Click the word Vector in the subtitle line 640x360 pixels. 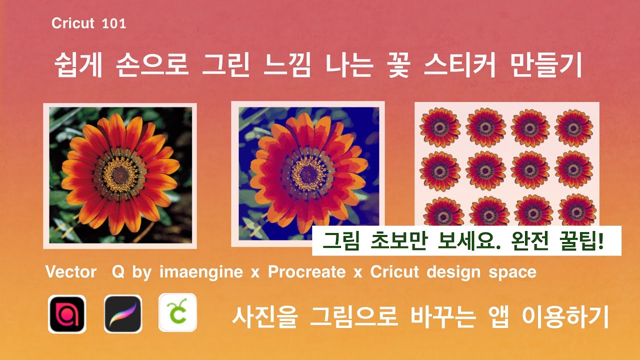click(70, 272)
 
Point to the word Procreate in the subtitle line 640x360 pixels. click(306, 272)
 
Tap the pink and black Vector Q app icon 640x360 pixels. click(67, 314)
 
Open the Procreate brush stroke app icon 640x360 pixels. click(123, 314)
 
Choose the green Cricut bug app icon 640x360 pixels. click(177, 313)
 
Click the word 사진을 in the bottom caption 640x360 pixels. click(260, 316)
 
